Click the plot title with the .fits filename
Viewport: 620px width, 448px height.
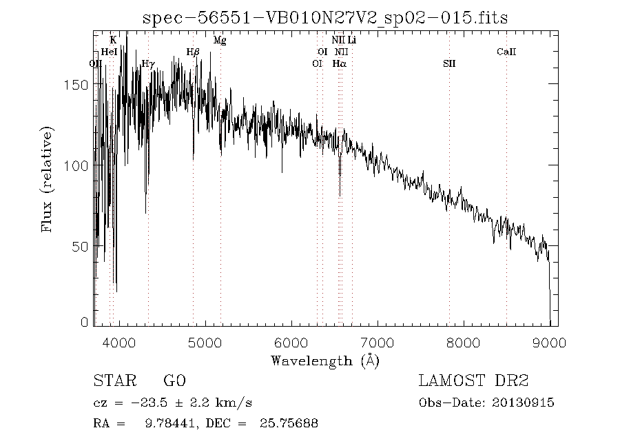pos(324,18)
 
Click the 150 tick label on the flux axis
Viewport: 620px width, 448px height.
pos(79,85)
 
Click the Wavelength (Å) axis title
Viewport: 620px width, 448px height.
pos(324,360)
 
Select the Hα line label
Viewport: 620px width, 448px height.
pos(339,63)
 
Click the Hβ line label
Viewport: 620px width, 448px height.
pos(193,52)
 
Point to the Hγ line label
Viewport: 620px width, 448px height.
pos(147,63)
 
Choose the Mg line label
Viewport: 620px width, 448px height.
pos(220,41)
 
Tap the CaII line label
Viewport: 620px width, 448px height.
pos(506,52)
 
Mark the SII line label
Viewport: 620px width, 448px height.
pos(449,63)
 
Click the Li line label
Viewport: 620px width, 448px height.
pos(351,41)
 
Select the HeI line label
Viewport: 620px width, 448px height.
pos(109,52)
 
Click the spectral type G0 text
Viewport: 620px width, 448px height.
pos(175,381)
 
